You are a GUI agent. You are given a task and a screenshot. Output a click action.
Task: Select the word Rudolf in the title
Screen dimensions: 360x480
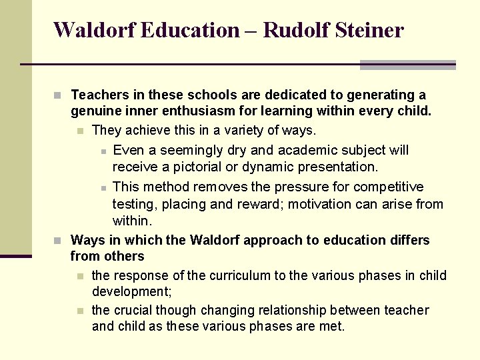(x=291, y=30)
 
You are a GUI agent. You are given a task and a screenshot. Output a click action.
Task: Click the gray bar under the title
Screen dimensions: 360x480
(x=407, y=65)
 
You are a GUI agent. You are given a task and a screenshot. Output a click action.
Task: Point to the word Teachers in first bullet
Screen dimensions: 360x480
(x=98, y=95)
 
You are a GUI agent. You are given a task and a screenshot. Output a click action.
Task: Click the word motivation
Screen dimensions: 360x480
(x=323, y=204)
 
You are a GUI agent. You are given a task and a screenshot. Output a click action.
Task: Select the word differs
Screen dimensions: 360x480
(x=408, y=240)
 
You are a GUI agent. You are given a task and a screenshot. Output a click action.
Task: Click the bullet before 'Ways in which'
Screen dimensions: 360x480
(x=58, y=240)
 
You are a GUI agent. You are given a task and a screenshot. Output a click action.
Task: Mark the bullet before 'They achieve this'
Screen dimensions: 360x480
(x=80, y=131)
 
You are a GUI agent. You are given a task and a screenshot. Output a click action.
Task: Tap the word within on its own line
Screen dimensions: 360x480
(x=132, y=221)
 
